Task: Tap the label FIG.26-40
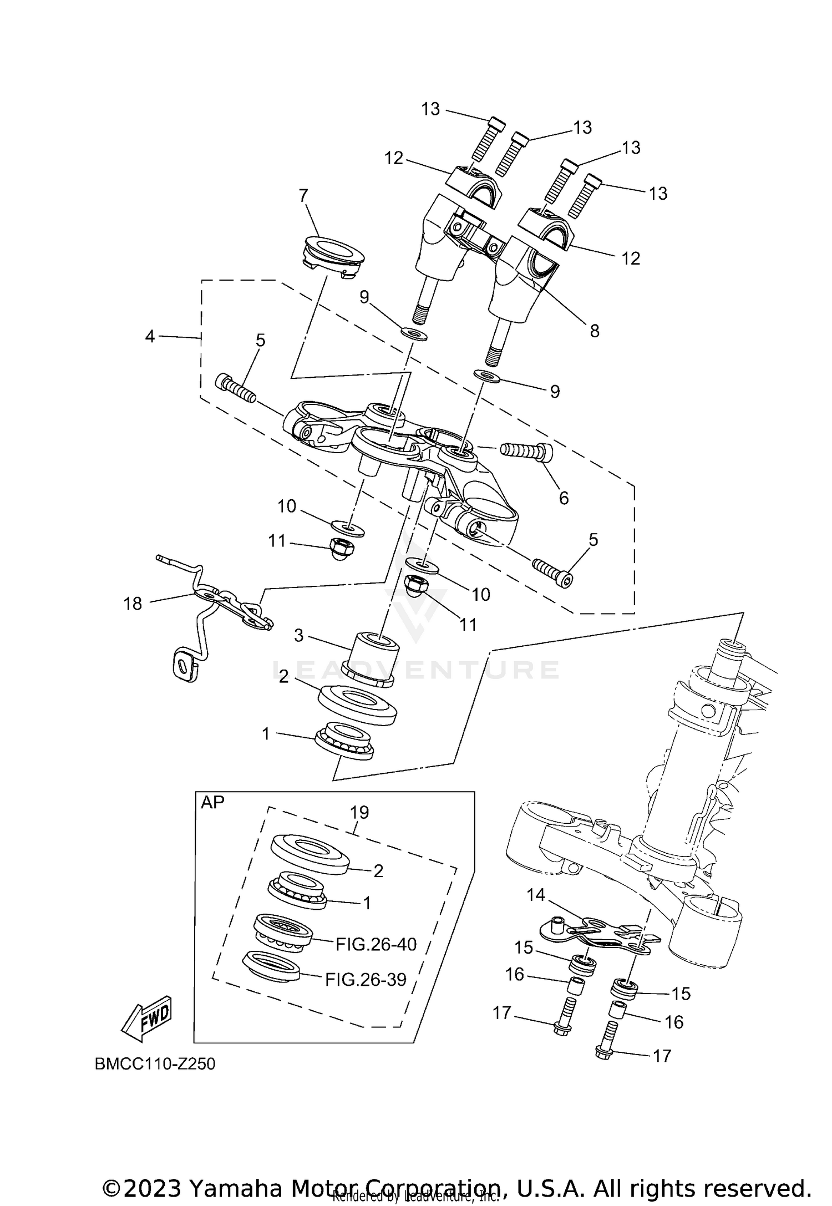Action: (x=376, y=944)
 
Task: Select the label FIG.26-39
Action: (x=366, y=980)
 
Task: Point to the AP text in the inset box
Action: (x=212, y=803)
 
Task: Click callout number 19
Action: (x=359, y=812)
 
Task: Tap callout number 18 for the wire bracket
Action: (x=133, y=604)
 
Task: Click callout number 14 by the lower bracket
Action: (x=536, y=895)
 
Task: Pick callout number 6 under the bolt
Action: (x=564, y=498)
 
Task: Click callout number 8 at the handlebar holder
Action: (x=595, y=331)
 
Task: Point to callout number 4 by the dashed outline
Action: (x=150, y=336)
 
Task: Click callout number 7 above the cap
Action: (x=303, y=196)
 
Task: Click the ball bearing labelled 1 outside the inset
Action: (x=344, y=741)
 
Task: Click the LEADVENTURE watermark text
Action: (x=416, y=670)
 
